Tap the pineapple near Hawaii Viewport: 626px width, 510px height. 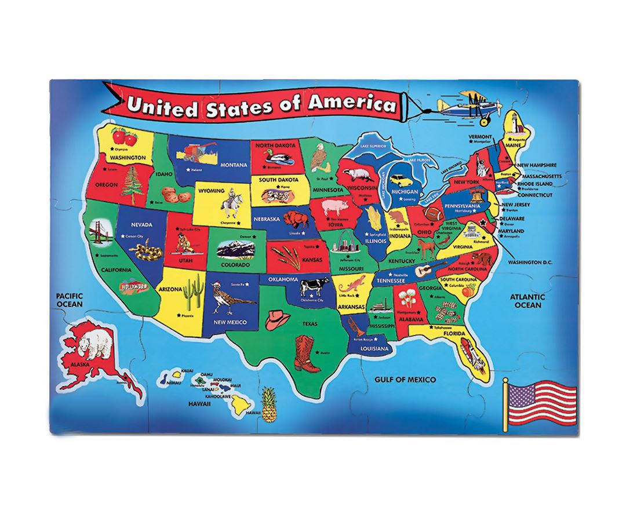pos(268,405)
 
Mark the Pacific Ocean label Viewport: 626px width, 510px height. pos(70,299)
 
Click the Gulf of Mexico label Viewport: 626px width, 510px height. pos(404,380)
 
